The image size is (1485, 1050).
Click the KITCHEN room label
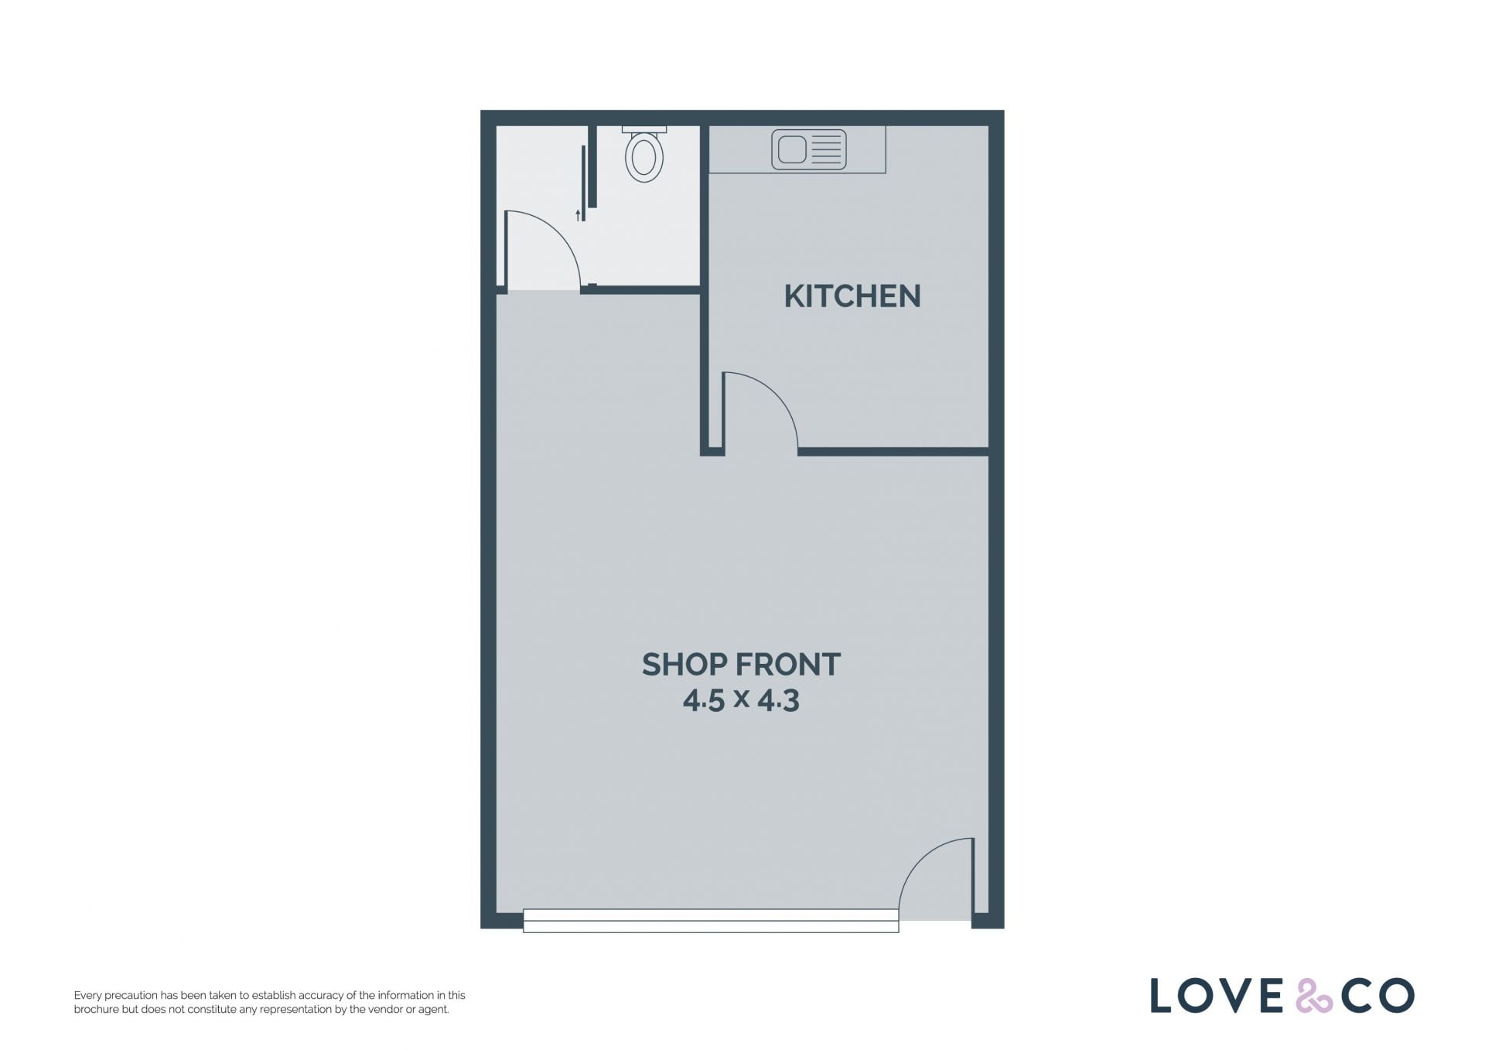coord(852,296)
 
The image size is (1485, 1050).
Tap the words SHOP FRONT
coord(741,665)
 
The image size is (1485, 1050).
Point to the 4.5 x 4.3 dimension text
coord(741,700)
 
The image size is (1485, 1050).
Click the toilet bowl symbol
coord(643,157)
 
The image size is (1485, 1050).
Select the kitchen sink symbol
coord(808,149)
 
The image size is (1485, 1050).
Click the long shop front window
coord(711,921)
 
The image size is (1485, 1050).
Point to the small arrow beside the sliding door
coord(578,215)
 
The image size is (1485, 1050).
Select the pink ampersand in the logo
coord(1314,996)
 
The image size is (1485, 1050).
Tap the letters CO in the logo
coord(1377,995)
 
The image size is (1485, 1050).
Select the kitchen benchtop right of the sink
coord(866,149)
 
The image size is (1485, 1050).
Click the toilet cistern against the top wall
coord(643,129)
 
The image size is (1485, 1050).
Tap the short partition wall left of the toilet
coord(592,166)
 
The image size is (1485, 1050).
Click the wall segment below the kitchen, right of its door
coord(893,451)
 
